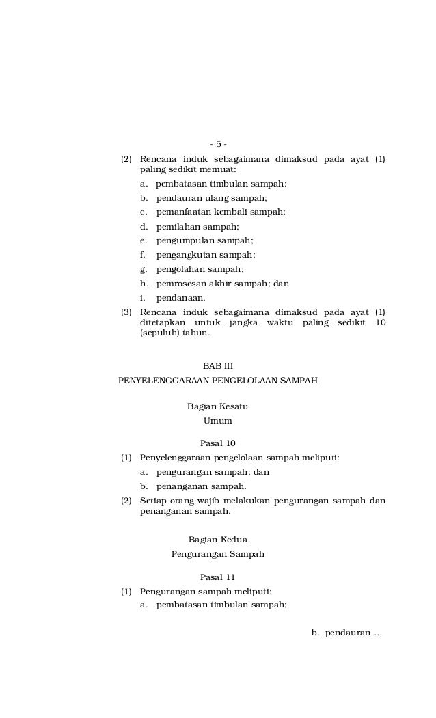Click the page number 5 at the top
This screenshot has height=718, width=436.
(x=218, y=144)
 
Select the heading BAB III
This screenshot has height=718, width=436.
(x=218, y=366)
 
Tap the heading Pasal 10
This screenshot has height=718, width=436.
(x=218, y=443)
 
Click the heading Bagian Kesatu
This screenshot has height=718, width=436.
(x=217, y=406)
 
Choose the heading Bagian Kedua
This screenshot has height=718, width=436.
(x=217, y=540)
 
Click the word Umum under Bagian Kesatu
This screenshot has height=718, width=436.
(x=217, y=421)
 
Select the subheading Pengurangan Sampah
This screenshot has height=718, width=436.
(x=217, y=554)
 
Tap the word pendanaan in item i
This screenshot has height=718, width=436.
(x=180, y=298)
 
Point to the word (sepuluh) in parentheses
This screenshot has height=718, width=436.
(x=159, y=333)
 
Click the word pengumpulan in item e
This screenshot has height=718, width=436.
(x=181, y=240)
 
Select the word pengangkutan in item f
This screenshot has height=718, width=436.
(x=182, y=255)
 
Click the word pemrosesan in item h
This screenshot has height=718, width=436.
(x=180, y=284)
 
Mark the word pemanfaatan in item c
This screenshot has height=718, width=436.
(x=182, y=212)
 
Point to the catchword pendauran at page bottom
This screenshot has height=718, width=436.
(x=347, y=633)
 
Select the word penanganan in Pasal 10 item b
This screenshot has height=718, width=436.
(x=180, y=486)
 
